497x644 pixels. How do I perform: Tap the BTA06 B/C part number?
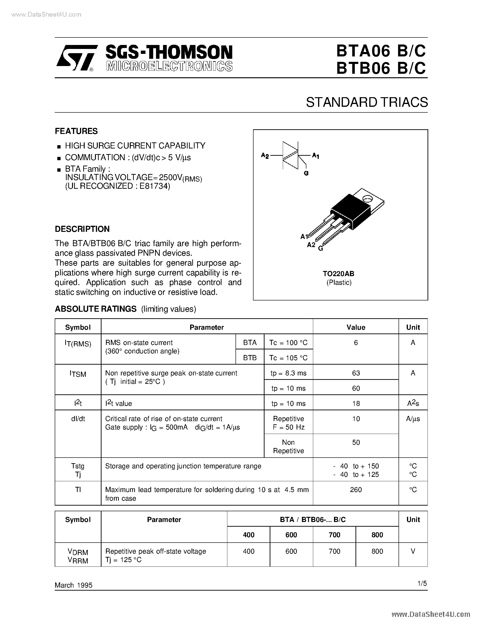381,51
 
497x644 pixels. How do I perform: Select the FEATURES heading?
76,131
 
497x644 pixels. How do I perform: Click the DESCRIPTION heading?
82,229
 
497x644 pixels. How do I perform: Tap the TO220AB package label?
339,274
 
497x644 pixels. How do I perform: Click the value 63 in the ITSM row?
356,373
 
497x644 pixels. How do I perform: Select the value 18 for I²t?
356,403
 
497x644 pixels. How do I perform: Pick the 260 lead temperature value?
356,490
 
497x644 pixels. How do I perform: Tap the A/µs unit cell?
413,419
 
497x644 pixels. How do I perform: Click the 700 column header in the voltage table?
334,535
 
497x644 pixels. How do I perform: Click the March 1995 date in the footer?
74,585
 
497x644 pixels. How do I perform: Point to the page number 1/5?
422,583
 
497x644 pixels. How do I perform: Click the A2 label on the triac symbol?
265,155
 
